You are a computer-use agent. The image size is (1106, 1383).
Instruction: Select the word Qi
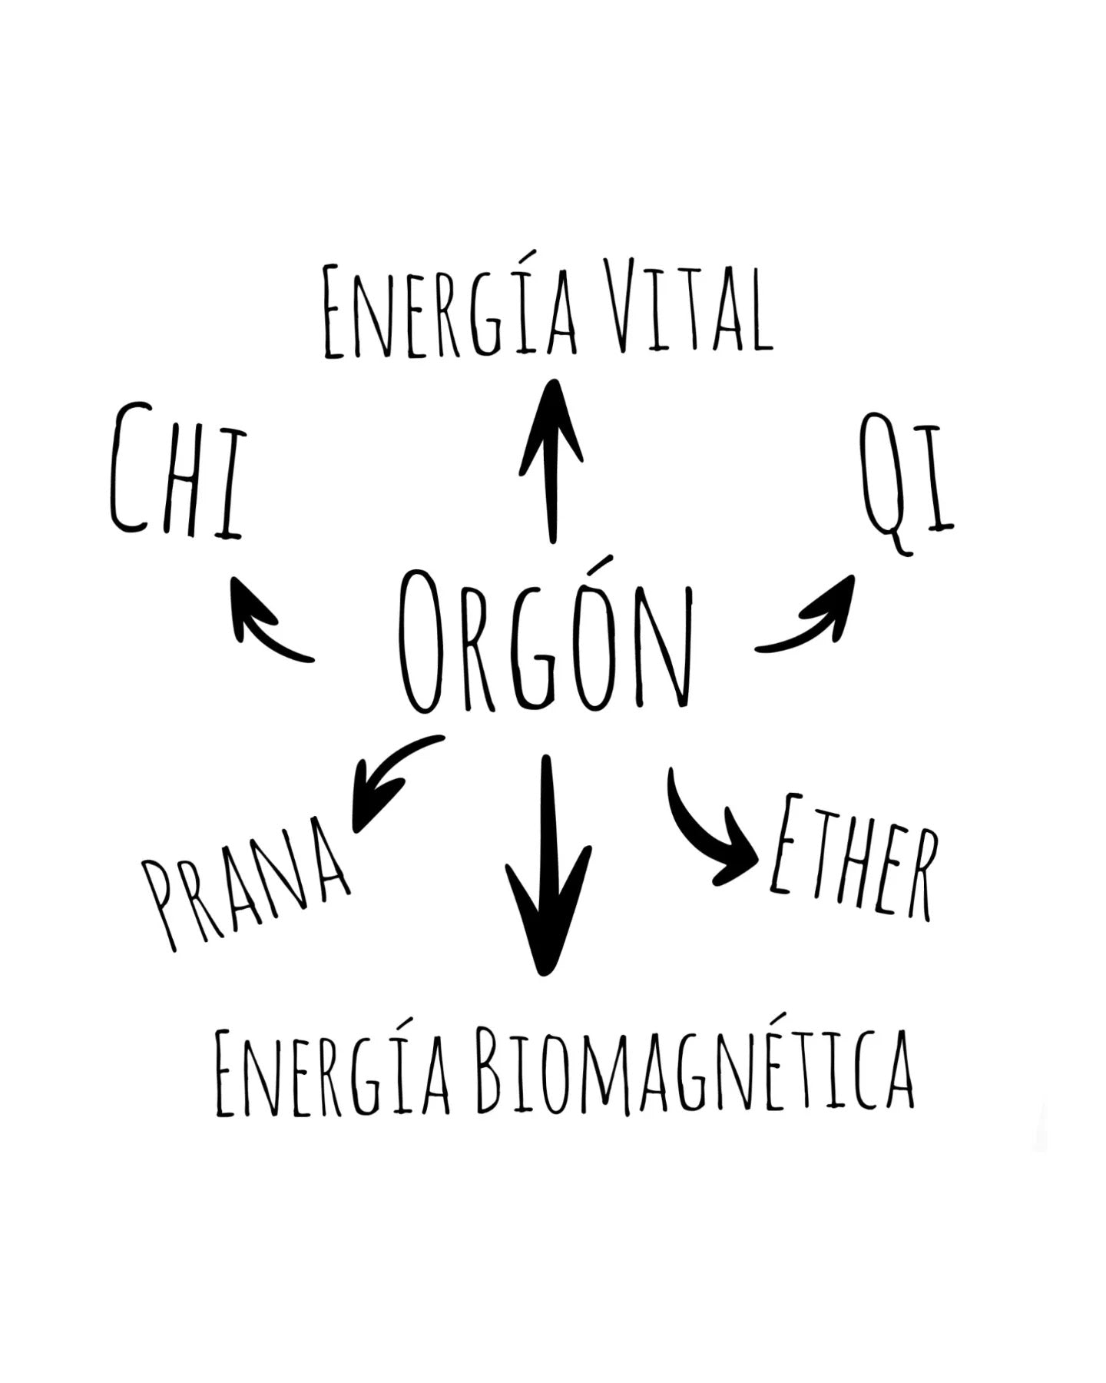click(x=906, y=484)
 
